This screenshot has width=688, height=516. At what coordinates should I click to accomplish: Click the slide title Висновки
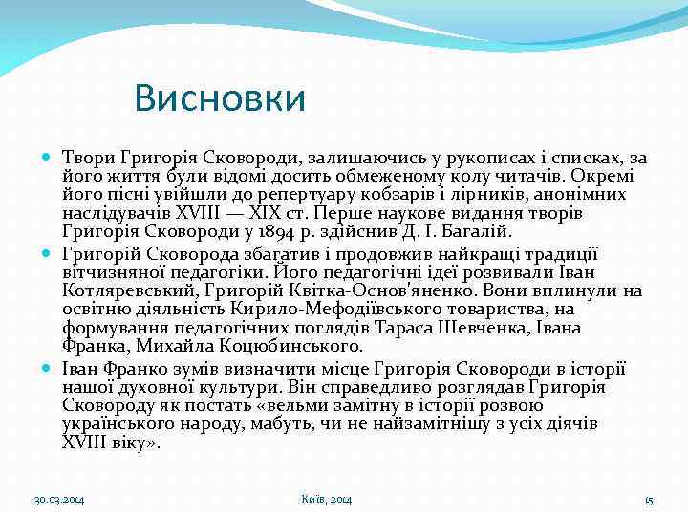coord(220,98)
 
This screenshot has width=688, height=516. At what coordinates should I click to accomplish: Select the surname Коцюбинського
coord(277,345)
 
